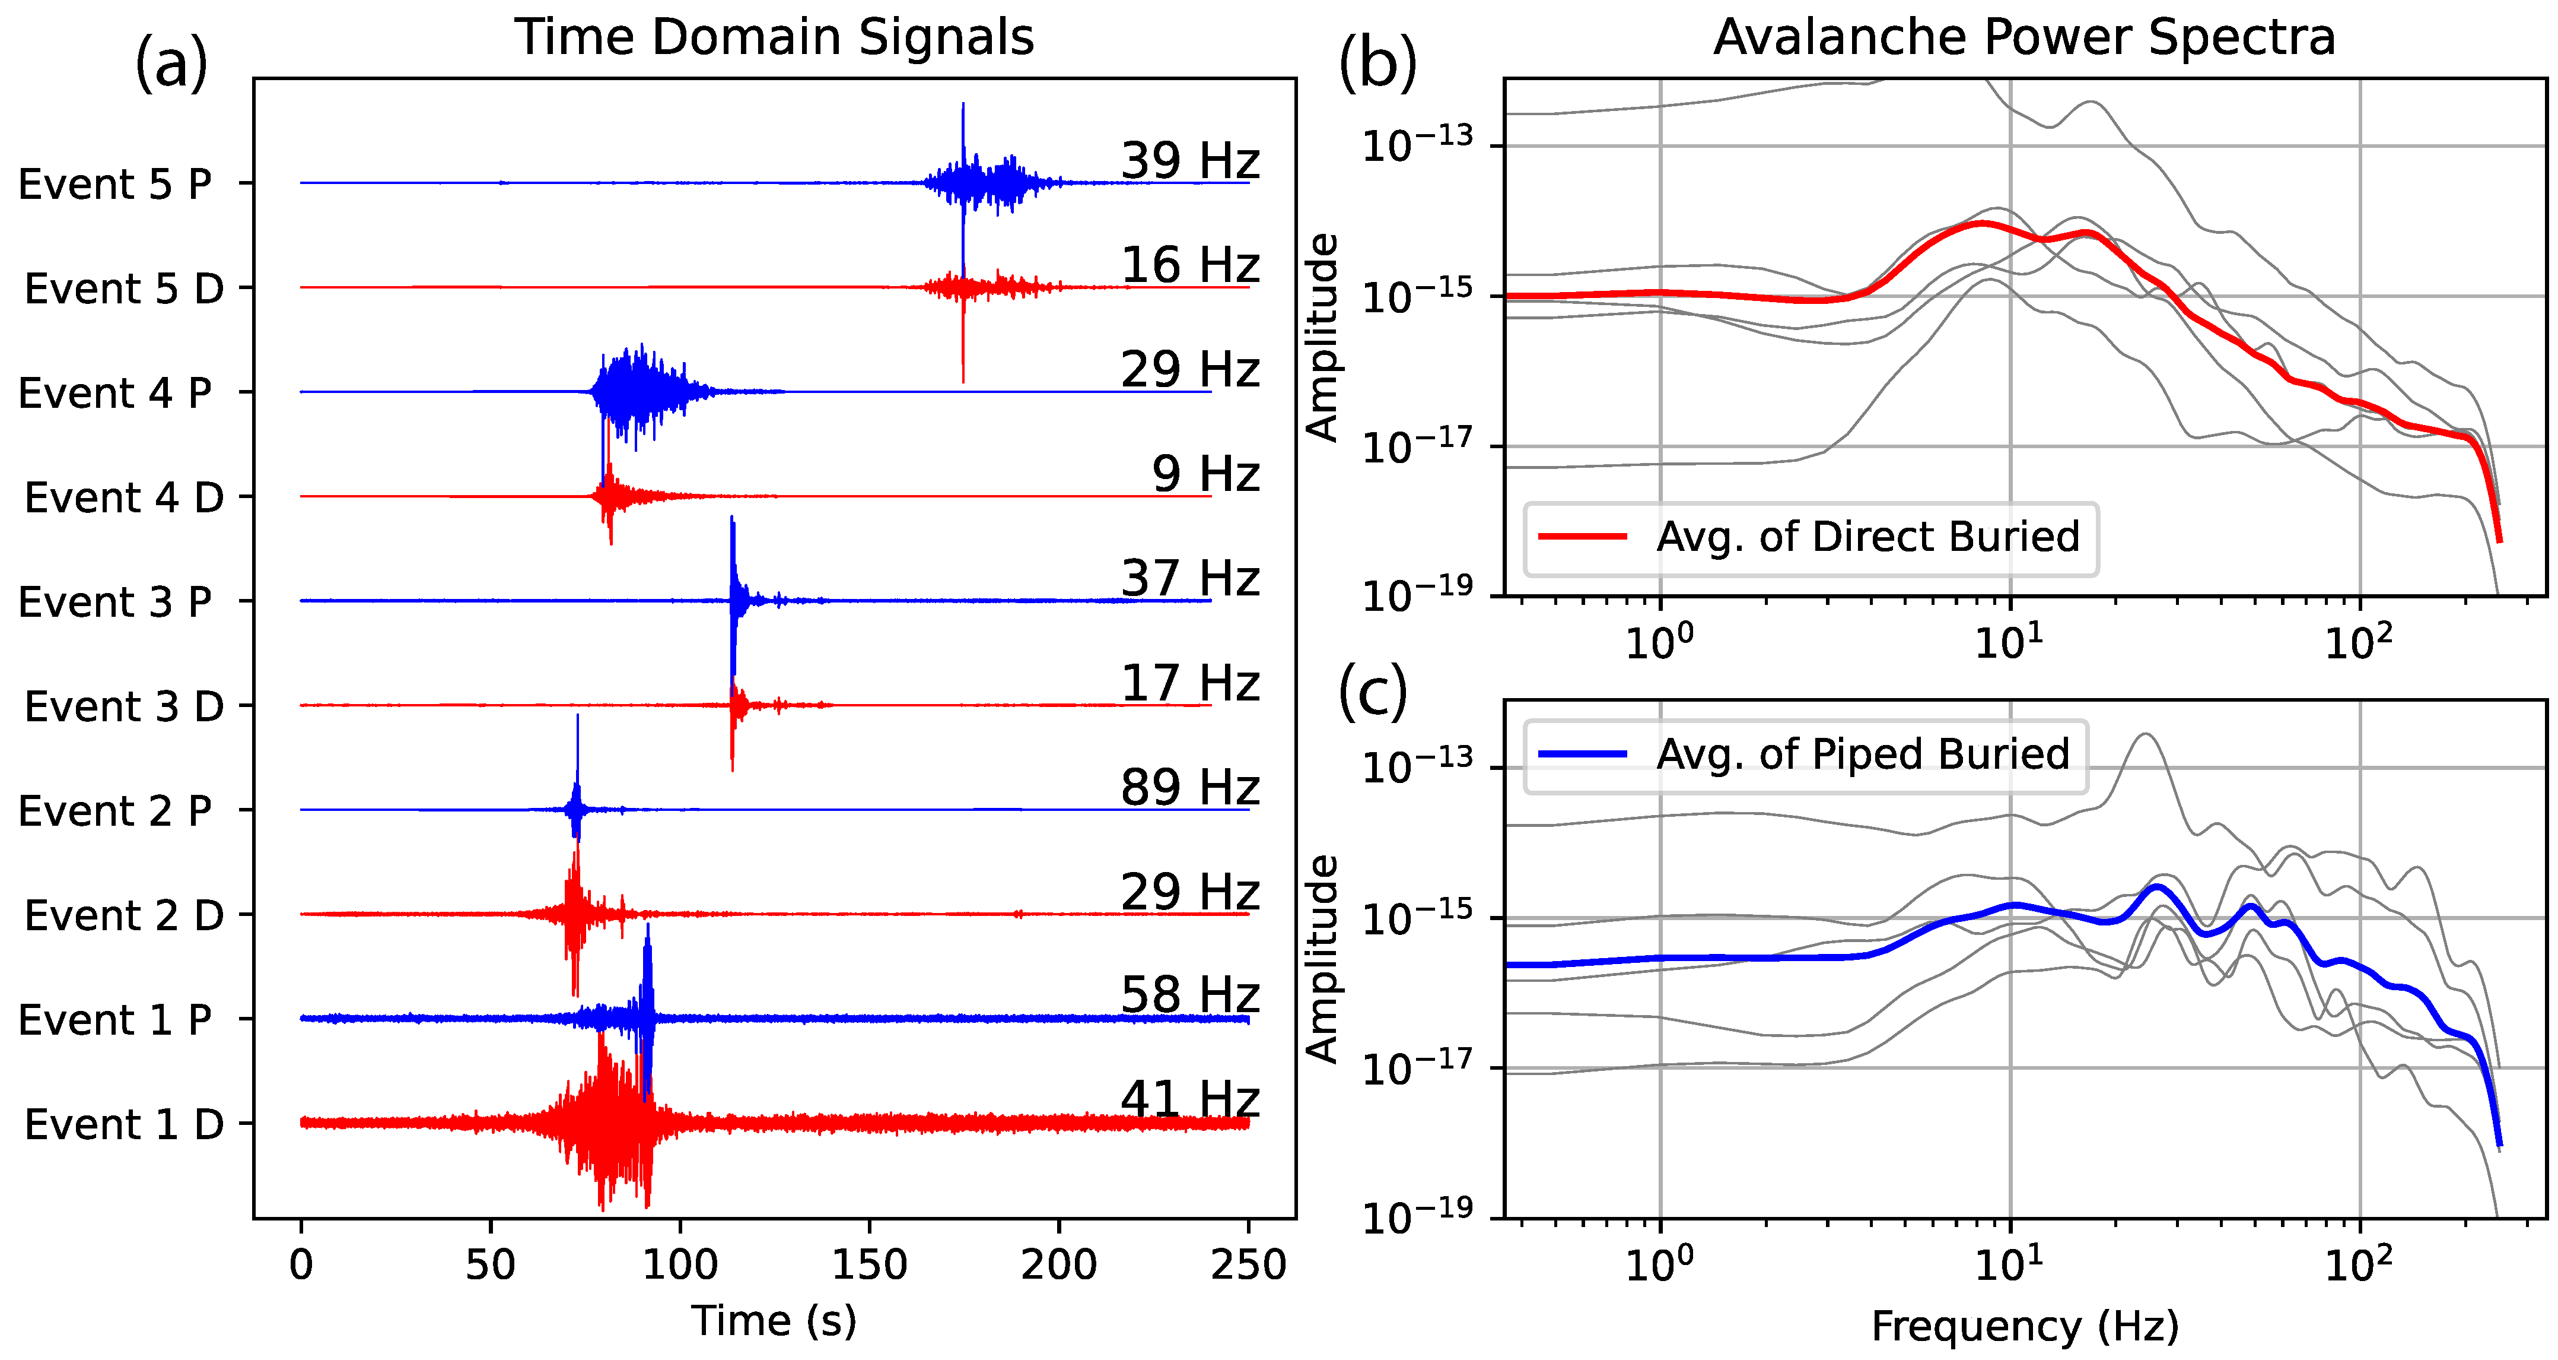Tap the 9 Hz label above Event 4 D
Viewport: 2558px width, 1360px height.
tap(1205, 474)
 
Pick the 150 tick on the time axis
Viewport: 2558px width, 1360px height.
tap(870, 1264)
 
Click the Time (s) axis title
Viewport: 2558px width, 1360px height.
tap(774, 1321)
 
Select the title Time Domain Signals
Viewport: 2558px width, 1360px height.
tap(774, 38)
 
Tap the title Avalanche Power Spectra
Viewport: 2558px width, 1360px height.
tap(2024, 38)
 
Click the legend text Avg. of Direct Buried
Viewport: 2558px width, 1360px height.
tap(1867, 537)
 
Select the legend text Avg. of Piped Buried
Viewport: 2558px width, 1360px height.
tap(1862, 754)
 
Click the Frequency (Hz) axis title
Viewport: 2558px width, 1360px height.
tap(2024, 1326)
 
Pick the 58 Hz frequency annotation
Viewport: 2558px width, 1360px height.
tap(1189, 996)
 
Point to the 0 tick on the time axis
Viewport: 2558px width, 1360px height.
tap(301, 1264)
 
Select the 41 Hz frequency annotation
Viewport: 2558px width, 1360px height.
tap(1189, 1100)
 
